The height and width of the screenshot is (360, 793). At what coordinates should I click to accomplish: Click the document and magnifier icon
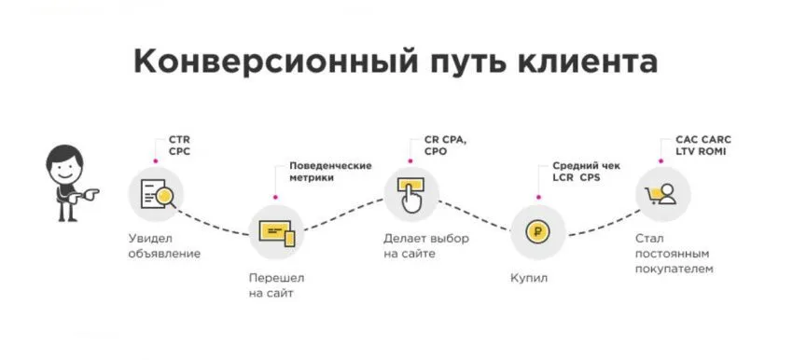coord(156,194)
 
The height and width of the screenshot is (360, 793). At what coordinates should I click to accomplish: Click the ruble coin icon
coord(538,231)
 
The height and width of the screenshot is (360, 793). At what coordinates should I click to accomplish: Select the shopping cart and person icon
coord(663,194)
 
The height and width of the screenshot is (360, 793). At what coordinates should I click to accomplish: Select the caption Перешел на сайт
coord(277,286)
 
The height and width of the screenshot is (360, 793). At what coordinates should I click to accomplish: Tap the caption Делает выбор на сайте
coord(426,245)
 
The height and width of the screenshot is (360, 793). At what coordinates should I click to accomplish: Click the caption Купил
coord(530,278)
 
